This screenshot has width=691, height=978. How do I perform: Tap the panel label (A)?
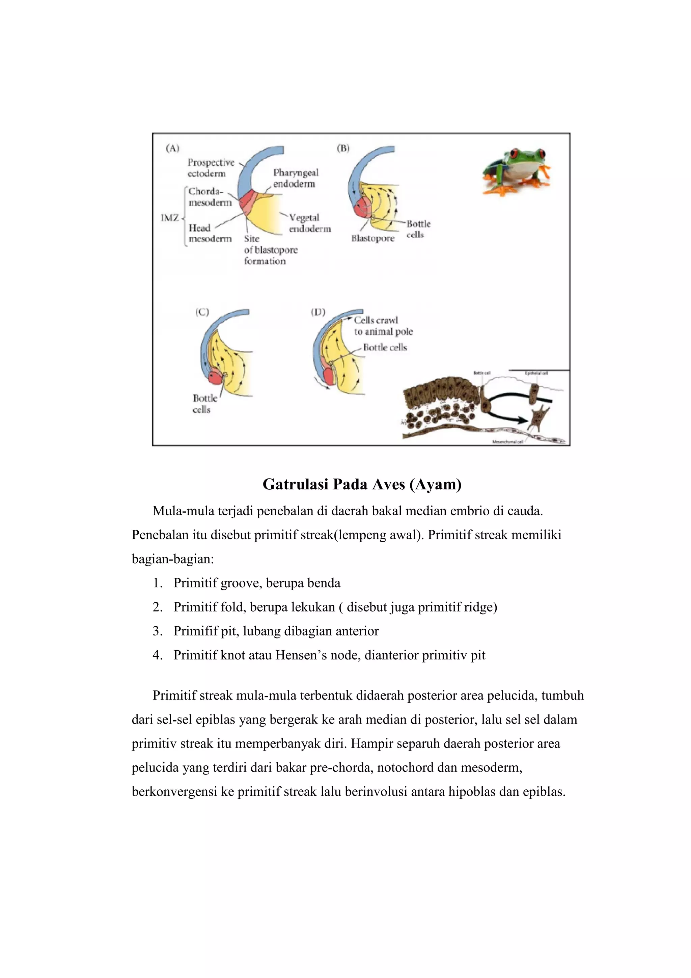[x=172, y=148]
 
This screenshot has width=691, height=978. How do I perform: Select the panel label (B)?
[x=343, y=148]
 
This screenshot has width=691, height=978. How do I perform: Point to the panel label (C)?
[x=202, y=312]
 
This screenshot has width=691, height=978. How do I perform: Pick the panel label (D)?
[x=317, y=312]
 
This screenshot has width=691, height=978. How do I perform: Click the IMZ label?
[x=169, y=218]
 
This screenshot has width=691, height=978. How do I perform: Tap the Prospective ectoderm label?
[x=211, y=168]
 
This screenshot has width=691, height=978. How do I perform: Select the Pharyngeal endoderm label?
[x=296, y=178]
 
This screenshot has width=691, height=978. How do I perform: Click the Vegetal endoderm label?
[x=309, y=223]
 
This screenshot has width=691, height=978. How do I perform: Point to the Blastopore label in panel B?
[x=372, y=239]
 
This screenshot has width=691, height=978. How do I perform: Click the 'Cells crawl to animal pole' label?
[x=383, y=326]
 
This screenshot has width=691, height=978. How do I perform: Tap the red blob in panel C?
[x=216, y=377]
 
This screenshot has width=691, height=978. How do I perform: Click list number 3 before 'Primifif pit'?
[x=157, y=631]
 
